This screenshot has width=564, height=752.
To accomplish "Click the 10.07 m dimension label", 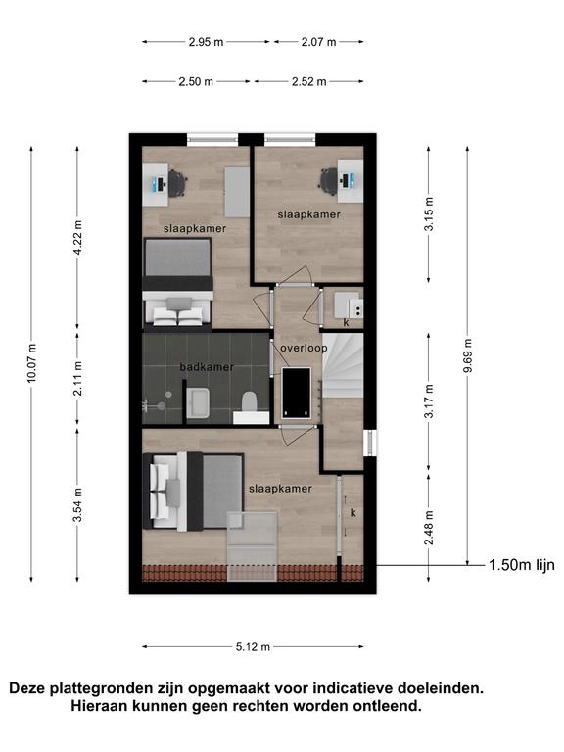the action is pyautogui.click(x=32, y=363).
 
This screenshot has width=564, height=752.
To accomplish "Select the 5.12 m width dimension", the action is pyautogui.click(x=253, y=647).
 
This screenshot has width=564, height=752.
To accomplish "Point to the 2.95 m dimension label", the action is pyautogui.click(x=206, y=42).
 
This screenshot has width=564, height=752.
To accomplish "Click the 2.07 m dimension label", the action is pyautogui.click(x=318, y=42).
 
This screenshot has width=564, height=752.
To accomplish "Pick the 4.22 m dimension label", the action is pyautogui.click(x=77, y=237).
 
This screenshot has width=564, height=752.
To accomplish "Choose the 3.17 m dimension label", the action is pyautogui.click(x=429, y=400).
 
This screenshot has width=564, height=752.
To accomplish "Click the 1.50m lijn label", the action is pyautogui.click(x=522, y=565).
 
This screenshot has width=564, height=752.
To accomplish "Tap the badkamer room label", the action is pyautogui.click(x=207, y=367).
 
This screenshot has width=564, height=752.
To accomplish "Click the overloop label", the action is pyautogui.click(x=304, y=348).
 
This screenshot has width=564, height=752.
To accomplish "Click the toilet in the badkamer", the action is pyautogui.click(x=249, y=401).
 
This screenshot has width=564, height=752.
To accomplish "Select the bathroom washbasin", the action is pyautogui.click(x=198, y=402).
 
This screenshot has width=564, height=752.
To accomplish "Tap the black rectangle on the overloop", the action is pyautogui.click(x=297, y=393).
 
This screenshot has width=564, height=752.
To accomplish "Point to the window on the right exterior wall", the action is pyautogui.click(x=370, y=444).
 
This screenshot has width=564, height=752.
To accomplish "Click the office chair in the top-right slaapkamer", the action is pyautogui.click(x=329, y=181).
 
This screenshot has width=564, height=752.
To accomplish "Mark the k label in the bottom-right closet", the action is pyautogui.click(x=352, y=513).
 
